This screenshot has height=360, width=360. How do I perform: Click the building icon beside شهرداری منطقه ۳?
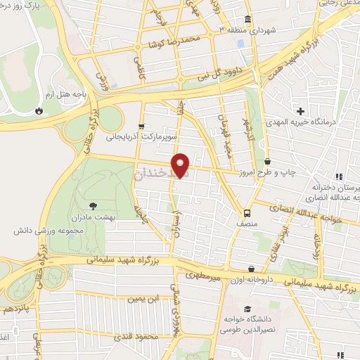(x=247, y=19)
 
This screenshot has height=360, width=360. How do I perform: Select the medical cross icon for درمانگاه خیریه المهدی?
(x=300, y=111)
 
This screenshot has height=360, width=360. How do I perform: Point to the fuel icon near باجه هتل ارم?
(x=39, y=110)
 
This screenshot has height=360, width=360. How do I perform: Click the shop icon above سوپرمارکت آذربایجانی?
(x=142, y=127)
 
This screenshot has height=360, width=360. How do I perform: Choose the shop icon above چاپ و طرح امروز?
(x=267, y=162)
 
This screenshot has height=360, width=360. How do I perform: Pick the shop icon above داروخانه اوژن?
(x=251, y=269)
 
